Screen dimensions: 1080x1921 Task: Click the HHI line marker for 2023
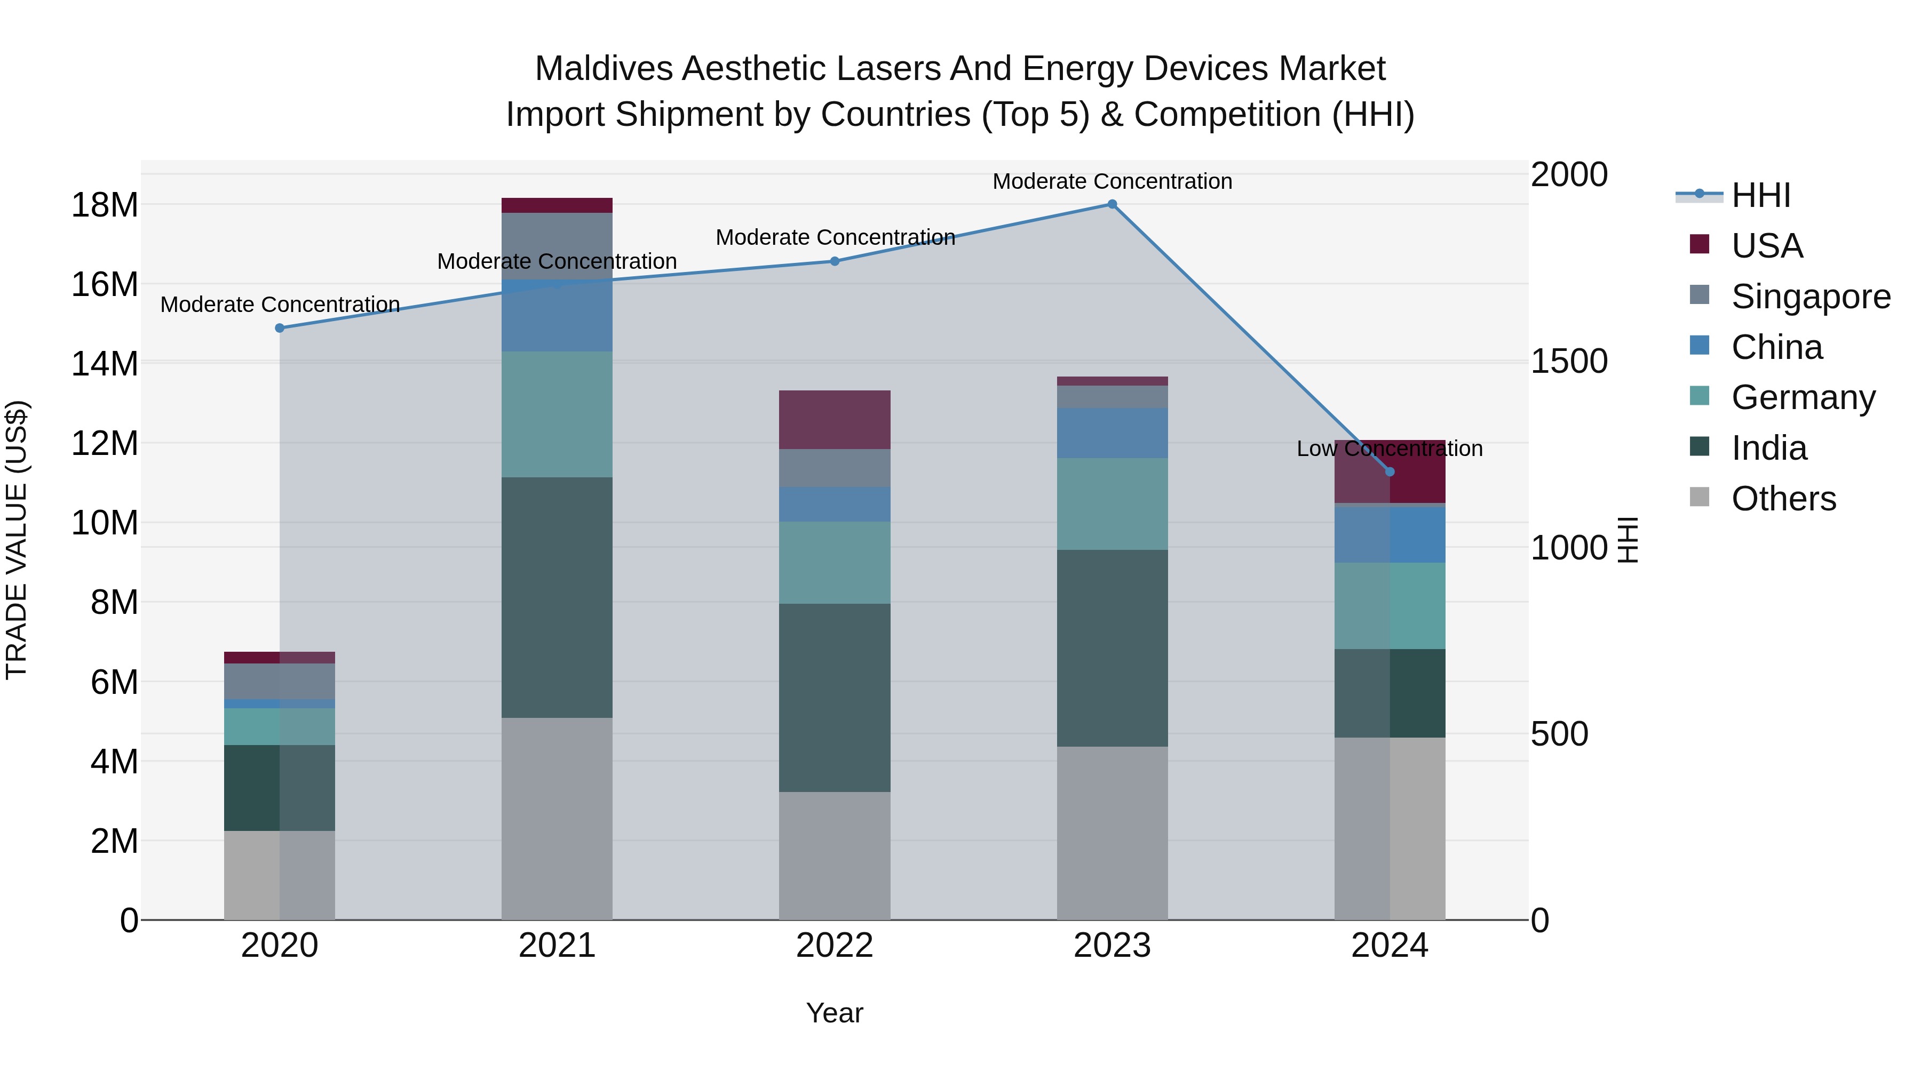click(x=1112, y=204)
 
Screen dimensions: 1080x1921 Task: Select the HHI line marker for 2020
click(x=280, y=328)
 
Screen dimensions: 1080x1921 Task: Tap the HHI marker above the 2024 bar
click(x=1390, y=472)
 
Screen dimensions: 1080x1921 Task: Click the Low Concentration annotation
click(x=1390, y=449)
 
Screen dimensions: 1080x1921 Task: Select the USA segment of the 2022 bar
click(x=835, y=420)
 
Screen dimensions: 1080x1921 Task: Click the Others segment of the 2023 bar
click(x=1112, y=833)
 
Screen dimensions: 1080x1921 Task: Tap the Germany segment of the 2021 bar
click(x=557, y=414)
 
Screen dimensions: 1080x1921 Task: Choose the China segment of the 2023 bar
click(x=1112, y=433)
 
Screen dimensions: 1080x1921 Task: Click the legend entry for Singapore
click(x=1810, y=297)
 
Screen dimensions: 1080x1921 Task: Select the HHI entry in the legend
click(x=1760, y=195)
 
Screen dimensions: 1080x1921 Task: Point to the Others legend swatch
click(x=1700, y=497)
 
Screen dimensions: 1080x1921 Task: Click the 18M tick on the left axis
click(x=105, y=205)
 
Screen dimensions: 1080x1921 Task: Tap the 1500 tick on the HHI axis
click(x=1569, y=362)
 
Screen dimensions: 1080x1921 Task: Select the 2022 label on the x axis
click(x=835, y=946)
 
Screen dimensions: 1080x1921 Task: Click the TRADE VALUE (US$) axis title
click(x=17, y=540)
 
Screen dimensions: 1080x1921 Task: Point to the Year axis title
click(x=835, y=1013)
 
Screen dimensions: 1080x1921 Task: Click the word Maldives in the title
click(x=604, y=69)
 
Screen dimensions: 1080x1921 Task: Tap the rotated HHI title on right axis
click(x=1628, y=540)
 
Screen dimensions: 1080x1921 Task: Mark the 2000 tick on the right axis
click(x=1569, y=175)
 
